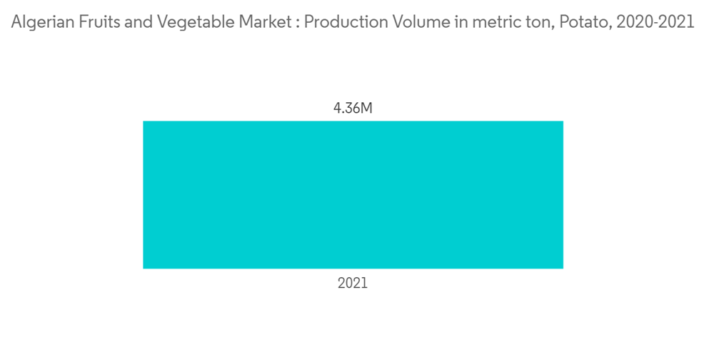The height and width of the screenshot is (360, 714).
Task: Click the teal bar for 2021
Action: click(353, 194)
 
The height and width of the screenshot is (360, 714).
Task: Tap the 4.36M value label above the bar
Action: click(353, 109)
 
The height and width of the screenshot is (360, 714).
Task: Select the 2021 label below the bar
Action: click(353, 283)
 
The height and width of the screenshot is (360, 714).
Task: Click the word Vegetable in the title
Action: click(183, 22)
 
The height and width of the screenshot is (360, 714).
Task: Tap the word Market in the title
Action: click(258, 22)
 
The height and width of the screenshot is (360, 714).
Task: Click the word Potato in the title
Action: click(576, 22)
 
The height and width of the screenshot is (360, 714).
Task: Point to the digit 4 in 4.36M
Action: click(338, 109)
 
